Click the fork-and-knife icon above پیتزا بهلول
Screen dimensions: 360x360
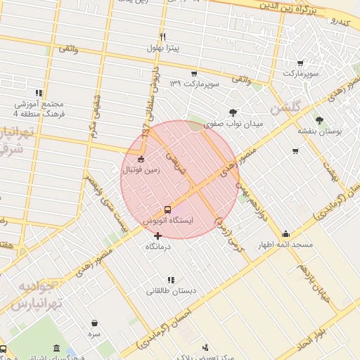coord(163,37)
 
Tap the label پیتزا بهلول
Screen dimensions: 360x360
coord(163,48)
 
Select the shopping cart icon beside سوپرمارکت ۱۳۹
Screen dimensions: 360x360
coord(193,73)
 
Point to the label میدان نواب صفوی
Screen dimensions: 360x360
coord(233,123)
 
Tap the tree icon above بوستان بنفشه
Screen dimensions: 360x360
coord(319,120)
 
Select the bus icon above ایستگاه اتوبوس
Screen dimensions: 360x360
coord(167,209)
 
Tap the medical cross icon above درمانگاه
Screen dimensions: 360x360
coord(158,236)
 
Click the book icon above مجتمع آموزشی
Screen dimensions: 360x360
coord(39,92)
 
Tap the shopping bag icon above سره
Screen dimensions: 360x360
coord(94,323)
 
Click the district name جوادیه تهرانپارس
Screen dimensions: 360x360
coord(40,295)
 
